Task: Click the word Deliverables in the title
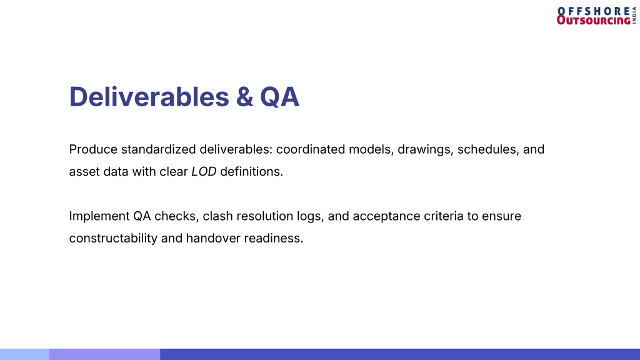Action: click(149, 97)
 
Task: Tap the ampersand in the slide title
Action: click(244, 97)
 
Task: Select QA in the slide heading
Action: click(279, 97)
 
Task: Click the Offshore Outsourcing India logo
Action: click(596, 16)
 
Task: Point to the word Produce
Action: click(93, 149)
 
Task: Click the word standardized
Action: click(158, 149)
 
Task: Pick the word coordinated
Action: click(311, 149)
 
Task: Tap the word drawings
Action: click(425, 150)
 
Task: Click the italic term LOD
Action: click(204, 172)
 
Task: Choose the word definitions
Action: click(251, 171)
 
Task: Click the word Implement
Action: click(99, 216)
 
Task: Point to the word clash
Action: click(217, 216)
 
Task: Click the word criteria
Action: click(444, 216)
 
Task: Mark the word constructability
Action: click(113, 238)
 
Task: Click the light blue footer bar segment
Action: click(24, 354)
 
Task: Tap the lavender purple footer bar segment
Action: click(104, 354)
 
